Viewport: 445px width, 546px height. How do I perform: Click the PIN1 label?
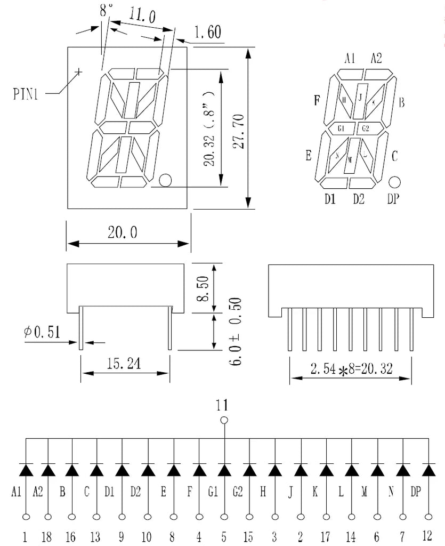(x=26, y=95)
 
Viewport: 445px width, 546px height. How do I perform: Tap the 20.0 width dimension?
(x=123, y=232)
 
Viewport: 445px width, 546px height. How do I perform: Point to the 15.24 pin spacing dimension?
(x=124, y=364)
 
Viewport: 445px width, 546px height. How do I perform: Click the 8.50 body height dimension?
(x=202, y=288)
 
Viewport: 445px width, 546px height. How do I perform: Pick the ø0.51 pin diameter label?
(x=41, y=332)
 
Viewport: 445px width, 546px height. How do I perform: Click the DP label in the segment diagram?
(x=394, y=199)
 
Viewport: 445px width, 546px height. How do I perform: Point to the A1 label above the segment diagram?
(x=350, y=59)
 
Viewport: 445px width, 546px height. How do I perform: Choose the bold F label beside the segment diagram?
(x=317, y=100)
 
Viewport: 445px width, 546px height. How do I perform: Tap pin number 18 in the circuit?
(x=48, y=537)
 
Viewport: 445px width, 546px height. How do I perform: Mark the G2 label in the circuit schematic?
(x=238, y=492)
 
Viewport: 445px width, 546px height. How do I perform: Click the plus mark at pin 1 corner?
(x=79, y=71)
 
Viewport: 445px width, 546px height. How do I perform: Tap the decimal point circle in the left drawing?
(x=165, y=180)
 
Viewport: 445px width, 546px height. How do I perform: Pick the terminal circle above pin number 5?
(x=224, y=516)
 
